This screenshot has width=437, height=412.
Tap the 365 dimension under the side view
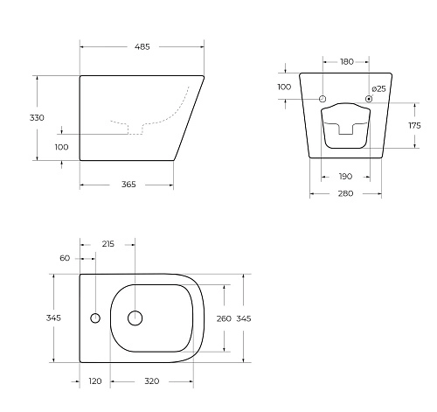coord(128,185)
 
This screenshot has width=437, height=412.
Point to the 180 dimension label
coord(347,61)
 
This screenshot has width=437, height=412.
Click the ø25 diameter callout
coord(379,88)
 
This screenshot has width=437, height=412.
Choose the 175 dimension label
coord(415,126)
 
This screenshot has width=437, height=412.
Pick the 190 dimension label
coord(347,177)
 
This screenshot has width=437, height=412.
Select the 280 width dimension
coord(346,193)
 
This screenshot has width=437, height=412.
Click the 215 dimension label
coord(108,244)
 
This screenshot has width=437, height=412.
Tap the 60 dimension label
coord(65,259)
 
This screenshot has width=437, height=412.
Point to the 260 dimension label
coord(224,318)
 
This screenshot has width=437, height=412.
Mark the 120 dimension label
coord(95,382)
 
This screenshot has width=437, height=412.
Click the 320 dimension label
coord(152,382)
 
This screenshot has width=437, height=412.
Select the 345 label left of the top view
coord(52,318)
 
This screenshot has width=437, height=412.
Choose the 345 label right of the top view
coord(245,318)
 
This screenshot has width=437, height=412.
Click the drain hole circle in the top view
coord(135,318)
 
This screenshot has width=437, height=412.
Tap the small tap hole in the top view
coord(94,318)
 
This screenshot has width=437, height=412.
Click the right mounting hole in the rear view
coord(370,99)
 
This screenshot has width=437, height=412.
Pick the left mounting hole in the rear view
coord(323,99)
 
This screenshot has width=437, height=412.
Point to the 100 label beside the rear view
coord(284,87)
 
